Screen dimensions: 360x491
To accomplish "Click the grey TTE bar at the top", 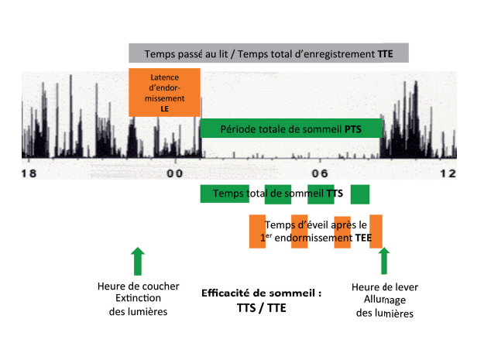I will point(268,54).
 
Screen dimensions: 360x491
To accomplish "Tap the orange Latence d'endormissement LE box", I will point(165,93).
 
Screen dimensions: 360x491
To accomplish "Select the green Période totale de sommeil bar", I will point(291,129).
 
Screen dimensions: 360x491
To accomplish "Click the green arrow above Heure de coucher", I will point(137,262).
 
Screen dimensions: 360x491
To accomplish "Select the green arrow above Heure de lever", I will point(383,262).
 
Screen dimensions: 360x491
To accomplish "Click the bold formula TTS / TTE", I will point(261,307).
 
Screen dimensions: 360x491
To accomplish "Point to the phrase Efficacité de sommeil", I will point(261,293).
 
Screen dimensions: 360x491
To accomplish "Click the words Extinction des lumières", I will point(137,305).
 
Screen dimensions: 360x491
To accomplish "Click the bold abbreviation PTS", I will point(354,129).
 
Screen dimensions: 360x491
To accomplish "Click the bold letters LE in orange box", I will point(165,110).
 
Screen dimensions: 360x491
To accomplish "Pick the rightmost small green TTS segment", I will point(360,194).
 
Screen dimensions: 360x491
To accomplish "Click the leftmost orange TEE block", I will point(257,231).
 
